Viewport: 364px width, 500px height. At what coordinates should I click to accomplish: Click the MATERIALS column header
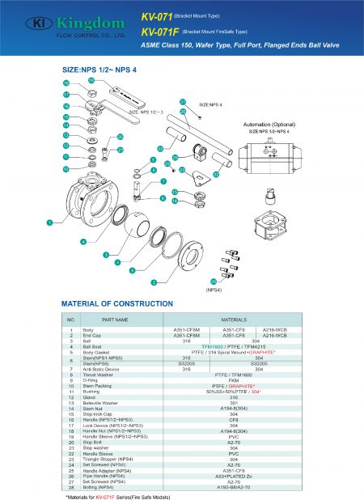(x=234, y=320)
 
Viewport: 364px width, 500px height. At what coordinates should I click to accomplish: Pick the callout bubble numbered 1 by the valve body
(x=49, y=220)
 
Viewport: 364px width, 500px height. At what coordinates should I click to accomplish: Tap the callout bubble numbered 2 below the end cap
(x=153, y=282)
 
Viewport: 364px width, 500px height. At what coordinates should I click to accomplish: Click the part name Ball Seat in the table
(x=93, y=345)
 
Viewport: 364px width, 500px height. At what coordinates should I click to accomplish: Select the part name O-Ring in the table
(x=90, y=381)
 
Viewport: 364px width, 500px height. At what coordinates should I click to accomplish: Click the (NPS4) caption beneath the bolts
(x=214, y=288)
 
